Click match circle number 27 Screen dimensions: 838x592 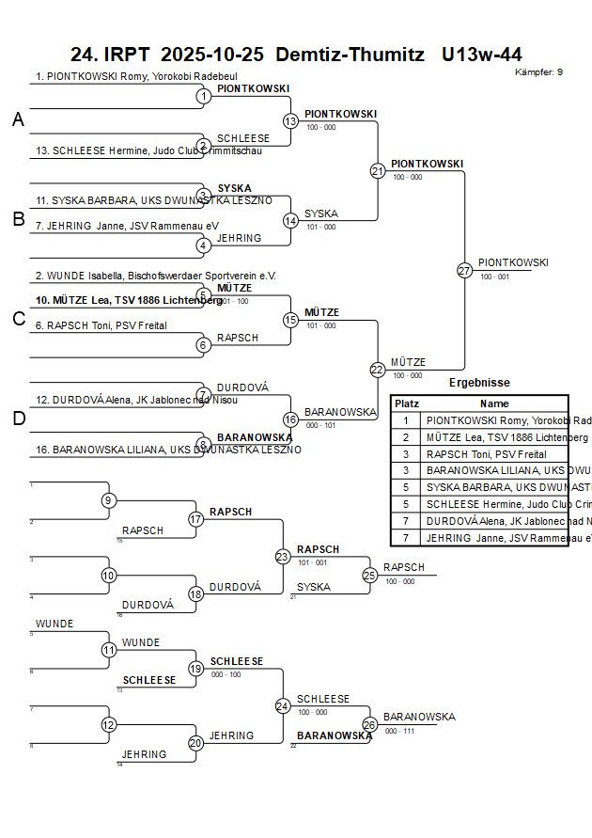pyautogui.click(x=464, y=270)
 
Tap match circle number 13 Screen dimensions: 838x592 pyautogui.click(x=290, y=121)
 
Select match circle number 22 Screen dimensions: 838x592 pyautogui.click(x=378, y=370)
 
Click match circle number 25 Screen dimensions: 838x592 pyautogui.click(x=370, y=575)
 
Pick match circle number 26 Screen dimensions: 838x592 pyautogui.click(x=370, y=724)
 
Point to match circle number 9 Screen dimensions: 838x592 pyautogui.click(x=109, y=500)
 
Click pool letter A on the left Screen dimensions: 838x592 pyautogui.click(x=18, y=120)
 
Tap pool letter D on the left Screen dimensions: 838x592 pyautogui.click(x=18, y=419)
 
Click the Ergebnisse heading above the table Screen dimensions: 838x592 pyautogui.click(x=479, y=383)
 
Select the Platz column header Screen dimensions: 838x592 pyautogui.click(x=406, y=403)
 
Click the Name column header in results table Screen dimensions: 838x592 pyautogui.click(x=494, y=403)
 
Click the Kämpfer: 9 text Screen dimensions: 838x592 pyautogui.click(x=539, y=72)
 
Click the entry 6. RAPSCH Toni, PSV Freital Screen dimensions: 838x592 pyautogui.click(x=102, y=325)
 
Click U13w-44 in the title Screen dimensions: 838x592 pyautogui.click(x=482, y=55)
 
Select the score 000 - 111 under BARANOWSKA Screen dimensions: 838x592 pyautogui.click(x=399, y=731)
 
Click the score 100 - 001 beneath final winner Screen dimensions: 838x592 pyautogui.click(x=494, y=277)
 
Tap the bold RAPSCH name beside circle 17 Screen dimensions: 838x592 pyautogui.click(x=230, y=512)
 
